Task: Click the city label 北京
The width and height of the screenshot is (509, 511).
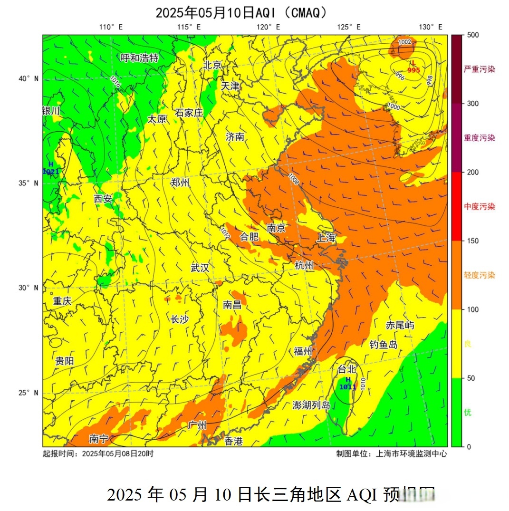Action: (212, 65)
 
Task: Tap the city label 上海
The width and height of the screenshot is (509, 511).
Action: (326, 238)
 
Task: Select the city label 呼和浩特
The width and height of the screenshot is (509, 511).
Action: (139, 58)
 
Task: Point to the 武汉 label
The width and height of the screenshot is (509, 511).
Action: (200, 268)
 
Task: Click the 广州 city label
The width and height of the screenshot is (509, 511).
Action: (197, 424)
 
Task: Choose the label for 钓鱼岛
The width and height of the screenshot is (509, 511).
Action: (383, 344)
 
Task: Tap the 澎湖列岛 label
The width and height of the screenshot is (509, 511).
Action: (311, 405)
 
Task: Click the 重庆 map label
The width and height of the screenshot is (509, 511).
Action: (62, 301)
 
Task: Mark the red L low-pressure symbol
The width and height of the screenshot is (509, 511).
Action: (413, 63)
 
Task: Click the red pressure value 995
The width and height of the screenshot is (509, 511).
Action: (413, 70)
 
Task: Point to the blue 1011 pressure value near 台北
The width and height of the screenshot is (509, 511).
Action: (348, 387)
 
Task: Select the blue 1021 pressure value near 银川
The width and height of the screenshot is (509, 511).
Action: (51, 171)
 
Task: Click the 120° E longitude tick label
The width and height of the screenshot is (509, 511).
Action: (269, 27)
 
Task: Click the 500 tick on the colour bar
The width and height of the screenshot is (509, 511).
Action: (472, 35)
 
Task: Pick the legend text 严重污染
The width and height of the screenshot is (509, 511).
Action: (479, 69)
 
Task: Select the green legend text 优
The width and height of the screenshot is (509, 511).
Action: (468, 412)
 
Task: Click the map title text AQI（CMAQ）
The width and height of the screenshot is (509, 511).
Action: (291, 12)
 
